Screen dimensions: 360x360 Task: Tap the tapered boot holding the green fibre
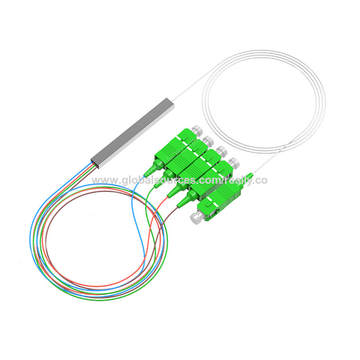(166, 174)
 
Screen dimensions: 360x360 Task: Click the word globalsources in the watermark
(157, 181)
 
